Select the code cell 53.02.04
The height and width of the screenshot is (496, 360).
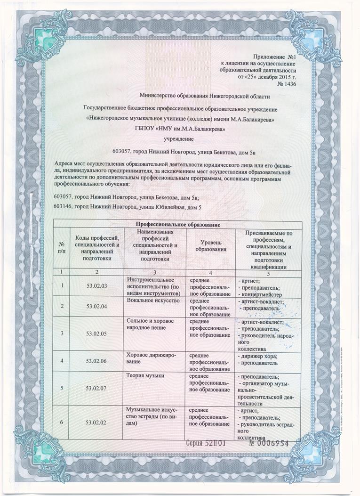coord(97,307)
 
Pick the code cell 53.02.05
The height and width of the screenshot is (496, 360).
coord(97,334)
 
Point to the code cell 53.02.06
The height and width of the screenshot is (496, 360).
coord(97,361)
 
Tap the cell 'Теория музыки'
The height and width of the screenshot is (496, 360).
coord(145,376)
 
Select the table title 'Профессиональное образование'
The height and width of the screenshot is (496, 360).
coord(177,224)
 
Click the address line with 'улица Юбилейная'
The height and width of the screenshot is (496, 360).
coord(128,207)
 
